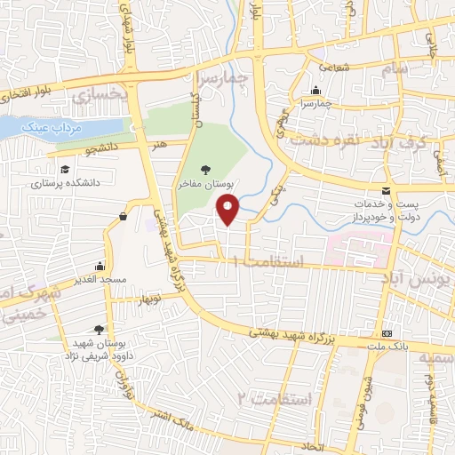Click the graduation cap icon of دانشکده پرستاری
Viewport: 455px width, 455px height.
tap(63, 170)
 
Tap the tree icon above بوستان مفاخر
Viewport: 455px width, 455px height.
tap(206, 167)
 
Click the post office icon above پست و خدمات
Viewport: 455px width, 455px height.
tap(385, 191)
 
